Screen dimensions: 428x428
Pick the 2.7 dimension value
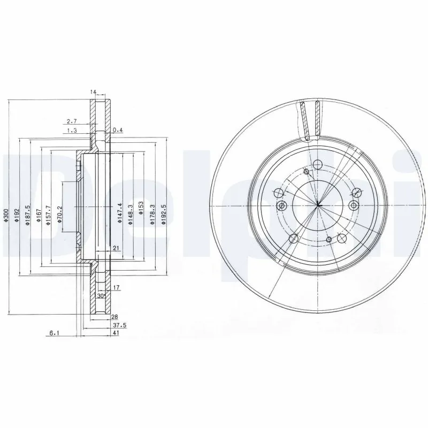click(71, 121)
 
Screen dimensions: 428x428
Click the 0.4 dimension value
click(118, 129)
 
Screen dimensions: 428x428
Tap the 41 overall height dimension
click(116, 333)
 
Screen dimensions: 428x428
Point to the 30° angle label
click(100, 295)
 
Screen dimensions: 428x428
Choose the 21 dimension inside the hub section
click(115, 248)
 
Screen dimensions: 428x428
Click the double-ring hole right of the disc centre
click(353, 205)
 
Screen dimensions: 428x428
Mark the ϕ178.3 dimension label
click(152, 206)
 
